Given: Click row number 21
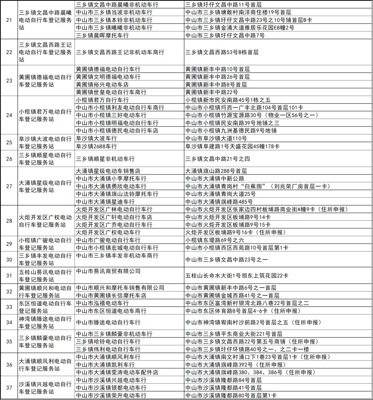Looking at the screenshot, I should click(9, 20).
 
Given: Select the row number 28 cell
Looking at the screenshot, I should click(9, 221).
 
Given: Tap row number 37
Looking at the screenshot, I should click(9, 388).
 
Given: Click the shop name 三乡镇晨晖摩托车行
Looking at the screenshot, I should click(102, 35).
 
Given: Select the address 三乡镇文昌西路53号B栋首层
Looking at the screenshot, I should click(222, 52).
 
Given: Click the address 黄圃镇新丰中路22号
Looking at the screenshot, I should click(212, 92).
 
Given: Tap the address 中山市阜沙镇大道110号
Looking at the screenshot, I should click(216, 139).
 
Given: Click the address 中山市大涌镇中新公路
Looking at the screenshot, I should click(215, 179).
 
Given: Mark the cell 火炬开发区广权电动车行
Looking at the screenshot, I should click(108, 232).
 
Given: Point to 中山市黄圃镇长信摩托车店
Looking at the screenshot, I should click(111, 296).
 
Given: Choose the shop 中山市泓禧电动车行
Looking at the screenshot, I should click(102, 303).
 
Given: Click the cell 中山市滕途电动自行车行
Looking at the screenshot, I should click(108, 322).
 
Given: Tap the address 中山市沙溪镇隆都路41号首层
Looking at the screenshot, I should click(223, 388).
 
